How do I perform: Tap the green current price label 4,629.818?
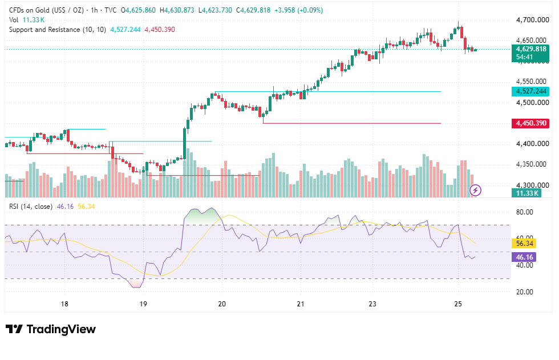coord(531,49)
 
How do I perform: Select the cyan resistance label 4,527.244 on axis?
coord(531,91)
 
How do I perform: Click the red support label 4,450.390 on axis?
coord(531,123)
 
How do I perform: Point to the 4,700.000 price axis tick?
coord(533,20)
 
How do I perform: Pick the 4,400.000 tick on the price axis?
coord(533,144)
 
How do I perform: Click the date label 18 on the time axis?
coord(64,304)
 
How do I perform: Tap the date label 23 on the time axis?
coord(372,304)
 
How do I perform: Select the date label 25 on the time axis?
coord(458,304)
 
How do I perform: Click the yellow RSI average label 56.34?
coord(525,244)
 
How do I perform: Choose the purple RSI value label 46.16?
coord(525,257)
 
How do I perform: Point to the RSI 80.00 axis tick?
coord(525,212)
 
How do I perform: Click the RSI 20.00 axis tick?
coord(525,292)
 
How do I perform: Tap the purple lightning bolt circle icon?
coord(475,191)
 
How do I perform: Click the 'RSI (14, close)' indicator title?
coord(31,207)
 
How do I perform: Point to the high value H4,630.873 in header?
coord(177,10)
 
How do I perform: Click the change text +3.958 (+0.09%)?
coord(299,10)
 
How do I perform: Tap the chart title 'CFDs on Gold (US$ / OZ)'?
coord(46,10)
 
